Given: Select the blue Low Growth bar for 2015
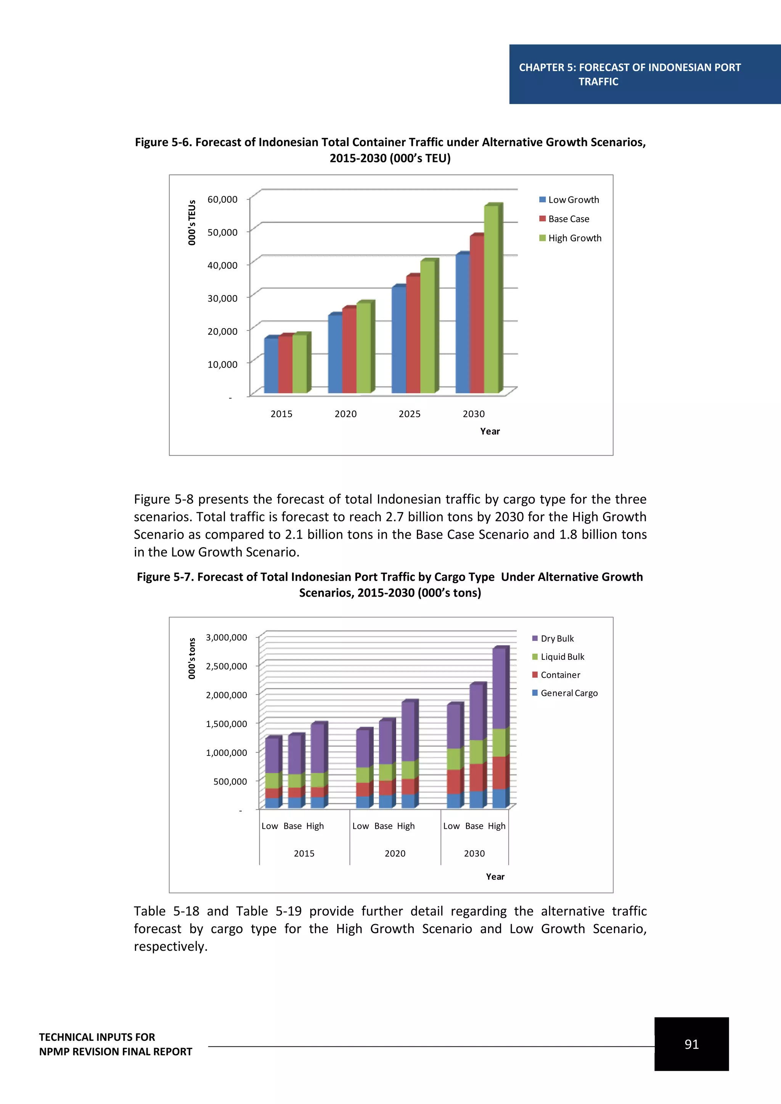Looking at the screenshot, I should (x=271, y=366).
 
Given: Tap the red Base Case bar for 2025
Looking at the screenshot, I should (x=413, y=334).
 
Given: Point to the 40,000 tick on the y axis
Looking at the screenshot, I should (x=222, y=265).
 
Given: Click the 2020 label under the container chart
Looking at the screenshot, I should (x=345, y=414).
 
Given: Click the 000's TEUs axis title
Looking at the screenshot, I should (x=192, y=223).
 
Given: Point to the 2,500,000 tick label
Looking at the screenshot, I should (x=226, y=666).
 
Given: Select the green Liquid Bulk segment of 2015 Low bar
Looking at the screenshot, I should (x=272, y=780).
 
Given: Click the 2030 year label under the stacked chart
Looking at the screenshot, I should (x=474, y=854).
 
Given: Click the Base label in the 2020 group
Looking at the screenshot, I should (x=383, y=826).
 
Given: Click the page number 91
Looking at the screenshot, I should (x=691, y=1045).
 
